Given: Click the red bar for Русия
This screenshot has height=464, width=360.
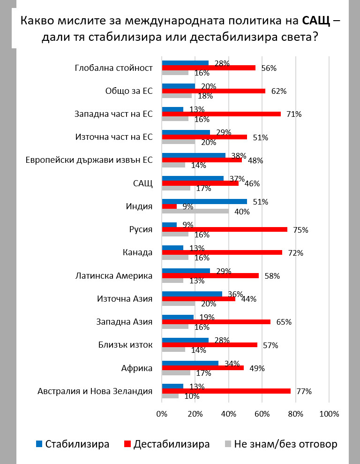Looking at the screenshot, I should (225, 229).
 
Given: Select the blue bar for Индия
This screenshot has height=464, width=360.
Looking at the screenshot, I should (204, 202).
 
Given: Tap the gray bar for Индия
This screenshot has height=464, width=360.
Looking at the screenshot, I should (195, 211).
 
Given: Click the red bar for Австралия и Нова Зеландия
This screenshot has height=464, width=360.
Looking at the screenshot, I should (226, 391).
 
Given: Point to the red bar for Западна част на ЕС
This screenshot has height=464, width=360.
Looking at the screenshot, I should (221, 114).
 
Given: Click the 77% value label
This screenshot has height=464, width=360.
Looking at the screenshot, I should (303, 391).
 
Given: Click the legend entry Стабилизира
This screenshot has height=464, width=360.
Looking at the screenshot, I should (73, 444).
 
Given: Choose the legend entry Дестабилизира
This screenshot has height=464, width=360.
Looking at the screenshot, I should (166, 444).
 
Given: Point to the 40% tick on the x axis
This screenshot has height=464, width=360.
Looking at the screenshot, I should (228, 414).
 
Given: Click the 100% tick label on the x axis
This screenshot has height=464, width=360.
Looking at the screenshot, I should (329, 414).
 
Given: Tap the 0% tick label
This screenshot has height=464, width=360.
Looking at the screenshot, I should (162, 414).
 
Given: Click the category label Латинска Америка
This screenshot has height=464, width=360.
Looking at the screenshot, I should (114, 276).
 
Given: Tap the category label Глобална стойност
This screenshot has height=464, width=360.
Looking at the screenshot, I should (114, 68).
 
